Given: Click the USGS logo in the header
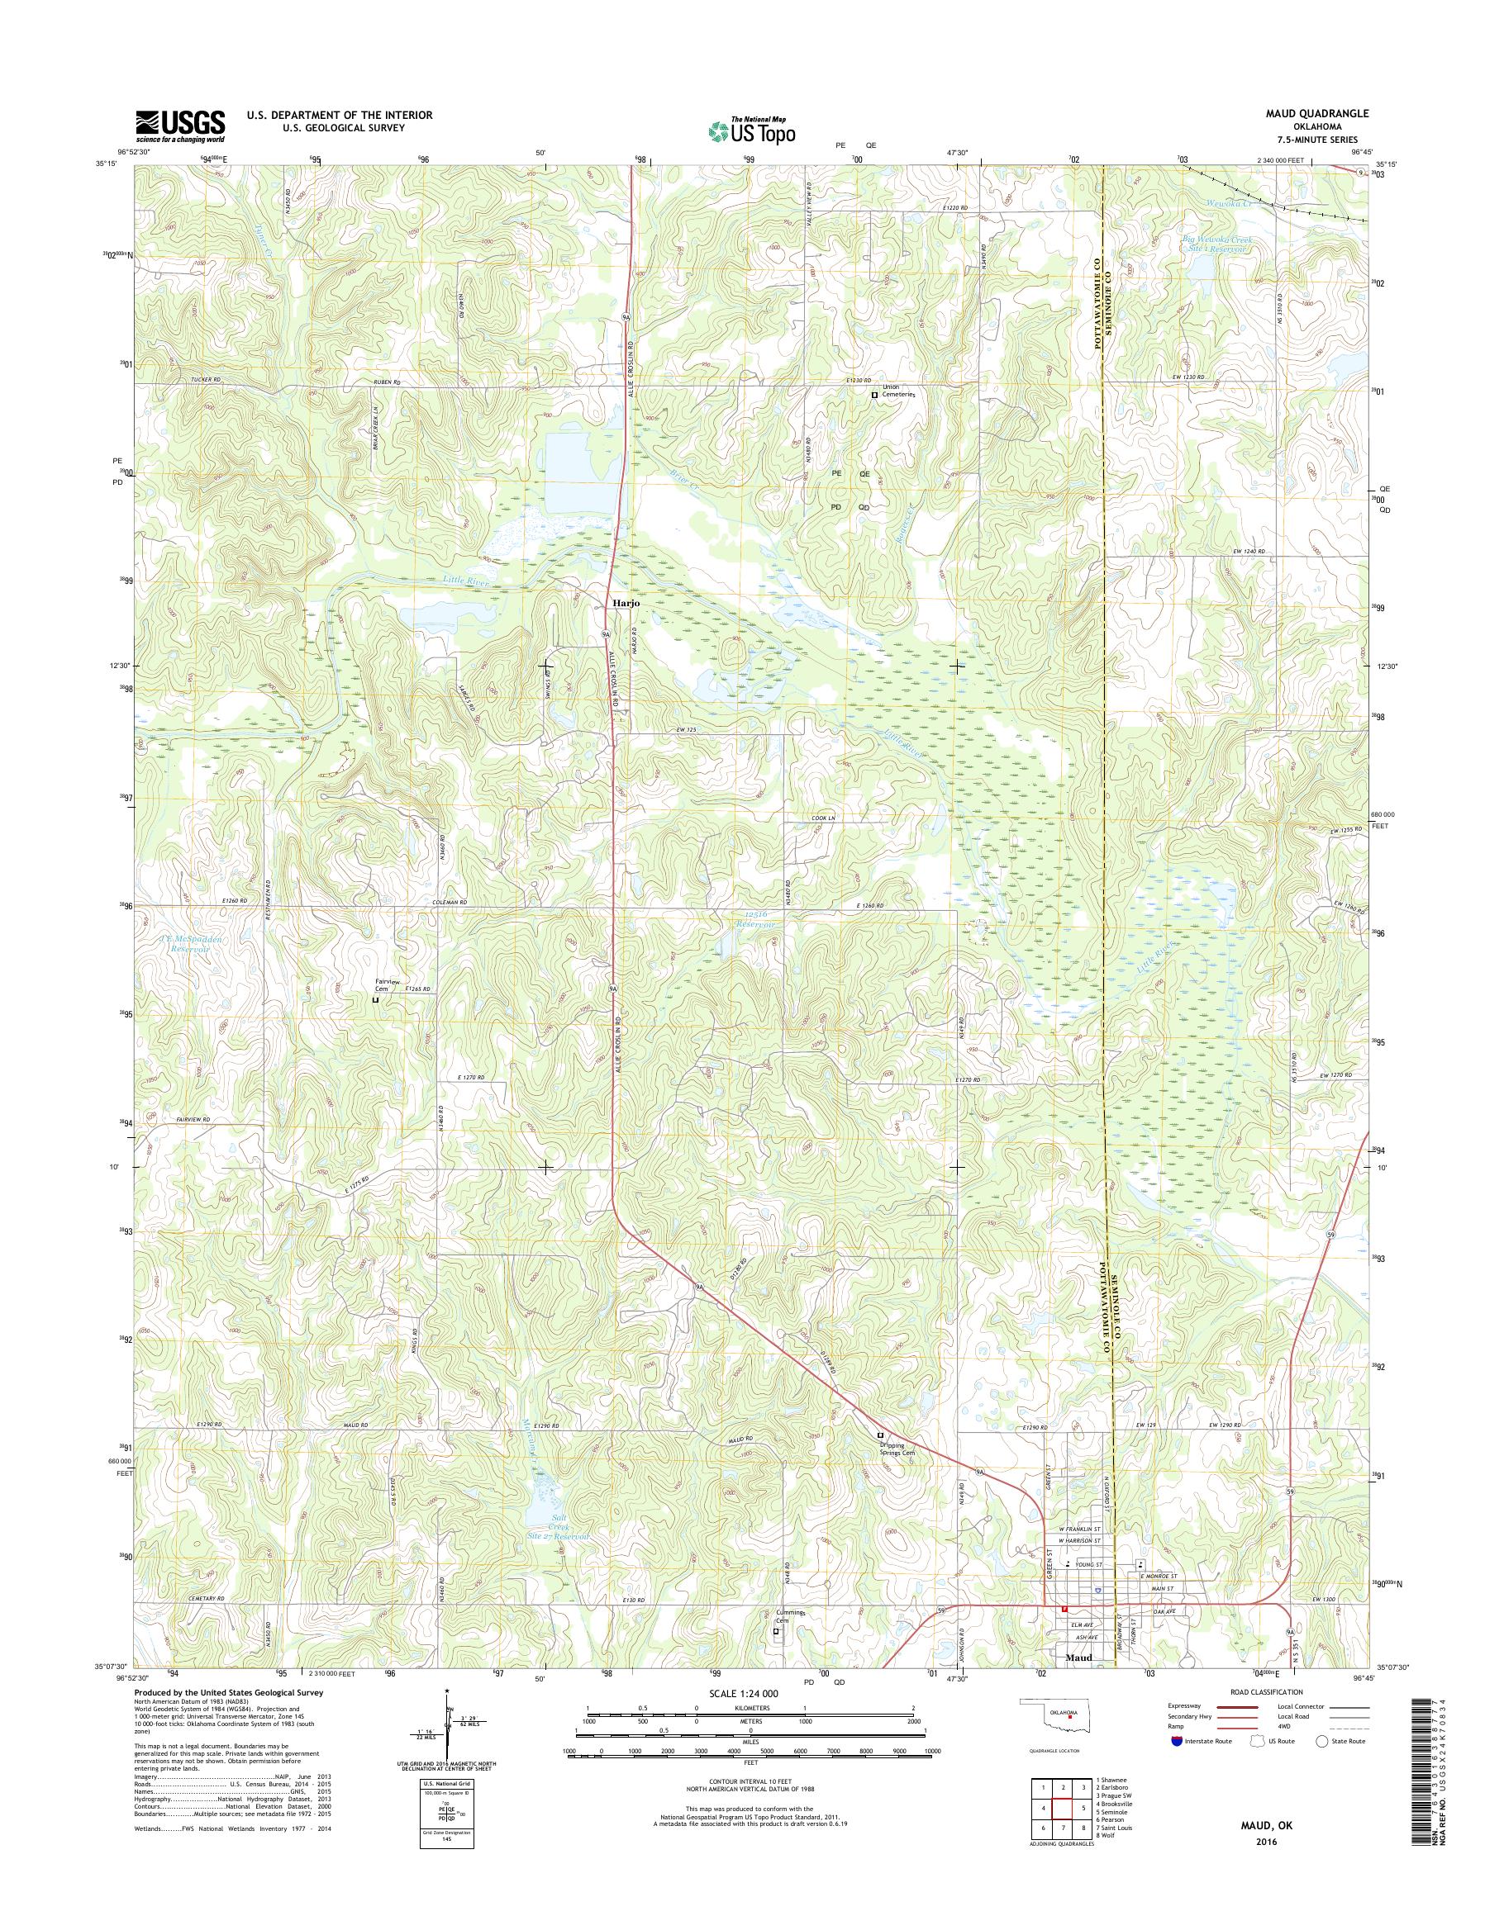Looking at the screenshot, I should (179, 126).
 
